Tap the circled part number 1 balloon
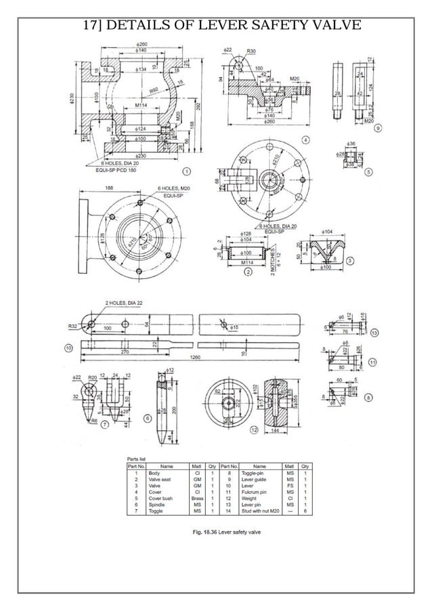[x=187, y=171]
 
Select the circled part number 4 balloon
[x=306, y=140]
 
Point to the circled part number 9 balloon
[x=377, y=127]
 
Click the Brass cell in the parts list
[x=197, y=498]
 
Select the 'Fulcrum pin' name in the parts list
[x=259, y=492]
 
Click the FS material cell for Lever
[x=290, y=486]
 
